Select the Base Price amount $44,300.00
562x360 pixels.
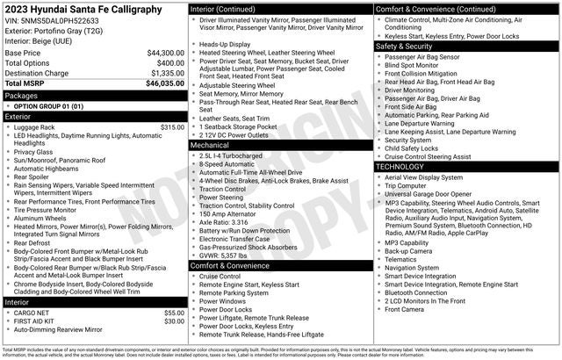[x=166, y=53]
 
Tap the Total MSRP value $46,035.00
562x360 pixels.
[x=164, y=83]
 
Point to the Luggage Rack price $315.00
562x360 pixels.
[x=172, y=127]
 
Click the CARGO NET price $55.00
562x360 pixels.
[x=174, y=313]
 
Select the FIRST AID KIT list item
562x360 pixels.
[x=39, y=321]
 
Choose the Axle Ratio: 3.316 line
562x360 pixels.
[x=224, y=222]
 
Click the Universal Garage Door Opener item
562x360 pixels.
[x=429, y=194]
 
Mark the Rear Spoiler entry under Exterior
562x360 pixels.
[x=36, y=176]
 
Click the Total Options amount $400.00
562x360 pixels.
[x=170, y=63]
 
